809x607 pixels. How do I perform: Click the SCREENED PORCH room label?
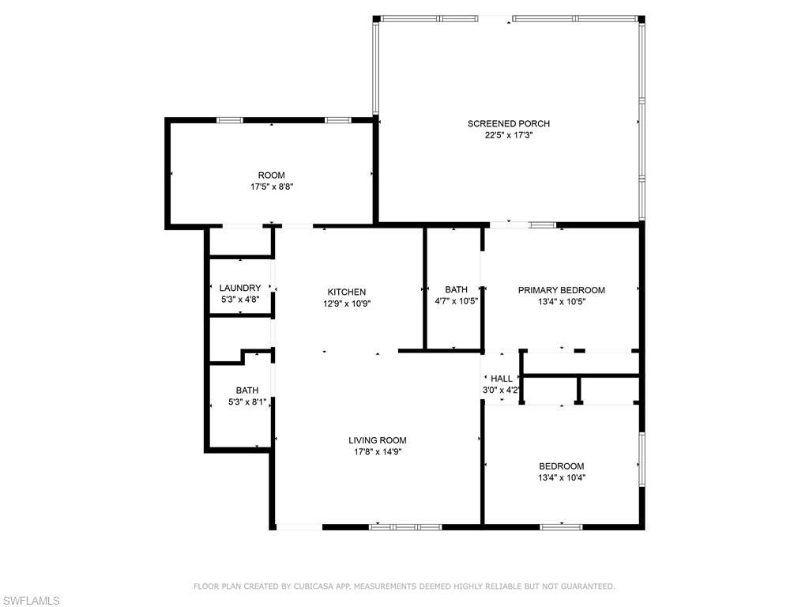pos(508,123)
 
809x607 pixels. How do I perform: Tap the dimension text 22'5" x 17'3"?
pos(508,135)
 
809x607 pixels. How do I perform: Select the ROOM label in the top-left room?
pos(271,175)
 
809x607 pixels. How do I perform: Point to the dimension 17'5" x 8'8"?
pos(271,187)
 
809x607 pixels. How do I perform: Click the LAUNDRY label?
pos(239,288)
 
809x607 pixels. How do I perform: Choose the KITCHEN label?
pos(347,292)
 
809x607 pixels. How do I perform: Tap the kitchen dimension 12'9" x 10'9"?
pos(347,303)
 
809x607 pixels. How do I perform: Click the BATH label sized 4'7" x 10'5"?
pos(456,289)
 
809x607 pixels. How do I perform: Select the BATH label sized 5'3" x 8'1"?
pos(246,390)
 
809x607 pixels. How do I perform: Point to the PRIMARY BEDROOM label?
pos(561,290)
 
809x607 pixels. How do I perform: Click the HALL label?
pos(502,379)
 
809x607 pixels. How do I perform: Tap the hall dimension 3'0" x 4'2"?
pos(502,390)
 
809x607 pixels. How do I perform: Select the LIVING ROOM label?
pos(377,440)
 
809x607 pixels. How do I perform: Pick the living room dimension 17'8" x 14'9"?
pos(377,452)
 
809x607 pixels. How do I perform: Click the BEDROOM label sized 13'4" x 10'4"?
pos(561,466)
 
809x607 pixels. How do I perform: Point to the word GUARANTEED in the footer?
pos(585,586)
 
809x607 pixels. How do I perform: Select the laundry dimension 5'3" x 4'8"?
pos(239,300)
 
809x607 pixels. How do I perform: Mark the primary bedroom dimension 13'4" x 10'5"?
pos(561,301)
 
